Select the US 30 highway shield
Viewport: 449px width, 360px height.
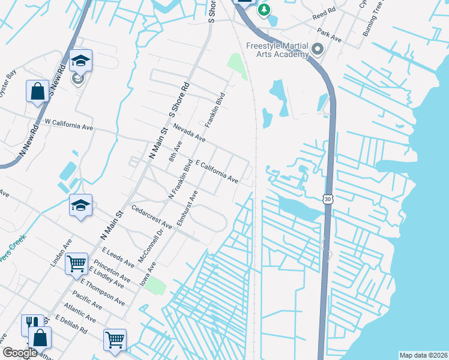coord(327,197)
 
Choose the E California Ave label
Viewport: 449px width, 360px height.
coord(217,171)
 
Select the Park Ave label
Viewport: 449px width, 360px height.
coord(330,35)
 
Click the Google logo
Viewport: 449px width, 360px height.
coord(20,353)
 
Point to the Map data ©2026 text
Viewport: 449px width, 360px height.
coord(423,355)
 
